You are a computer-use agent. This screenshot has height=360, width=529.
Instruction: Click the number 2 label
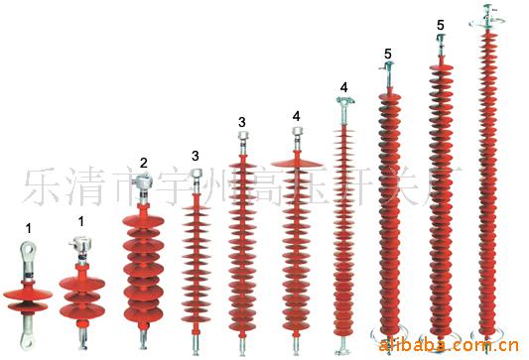point(144,163)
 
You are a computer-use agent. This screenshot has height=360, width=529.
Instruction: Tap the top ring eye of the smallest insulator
point(28,252)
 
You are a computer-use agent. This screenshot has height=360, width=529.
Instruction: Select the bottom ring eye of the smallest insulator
point(28,341)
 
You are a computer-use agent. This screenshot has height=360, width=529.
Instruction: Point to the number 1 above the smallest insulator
point(28,228)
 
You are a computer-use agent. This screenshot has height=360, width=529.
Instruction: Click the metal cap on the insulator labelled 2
point(144,184)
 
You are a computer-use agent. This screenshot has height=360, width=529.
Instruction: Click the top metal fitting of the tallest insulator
point(485,16)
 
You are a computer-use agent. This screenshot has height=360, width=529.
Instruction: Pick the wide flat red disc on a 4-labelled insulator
point(296,161)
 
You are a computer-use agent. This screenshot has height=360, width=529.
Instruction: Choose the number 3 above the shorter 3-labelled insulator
point(196,157)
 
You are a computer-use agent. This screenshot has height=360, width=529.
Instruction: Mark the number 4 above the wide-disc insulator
point(296,116)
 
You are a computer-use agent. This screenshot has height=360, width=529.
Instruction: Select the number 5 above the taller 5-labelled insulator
point(440,24)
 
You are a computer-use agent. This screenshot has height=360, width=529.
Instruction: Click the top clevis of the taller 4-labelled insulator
point(343,102)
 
